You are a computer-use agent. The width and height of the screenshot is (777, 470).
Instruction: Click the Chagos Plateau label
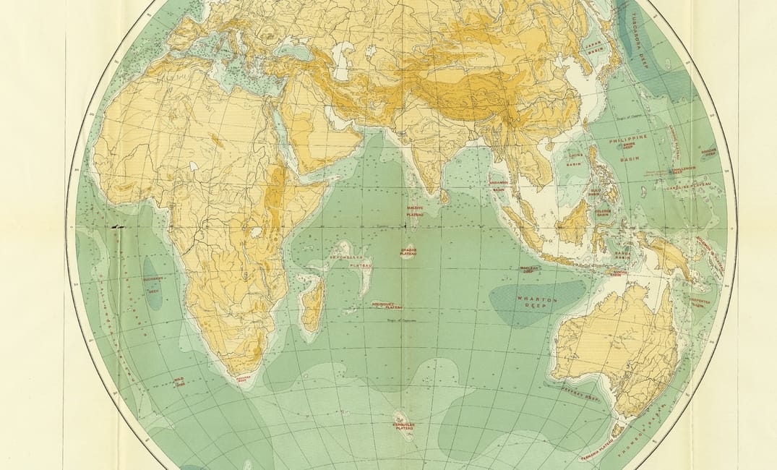pos(408,252)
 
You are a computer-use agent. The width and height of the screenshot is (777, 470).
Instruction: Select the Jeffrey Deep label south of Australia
pos(581,394)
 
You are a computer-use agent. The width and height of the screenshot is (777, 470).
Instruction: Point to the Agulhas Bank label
pos(243,377)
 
